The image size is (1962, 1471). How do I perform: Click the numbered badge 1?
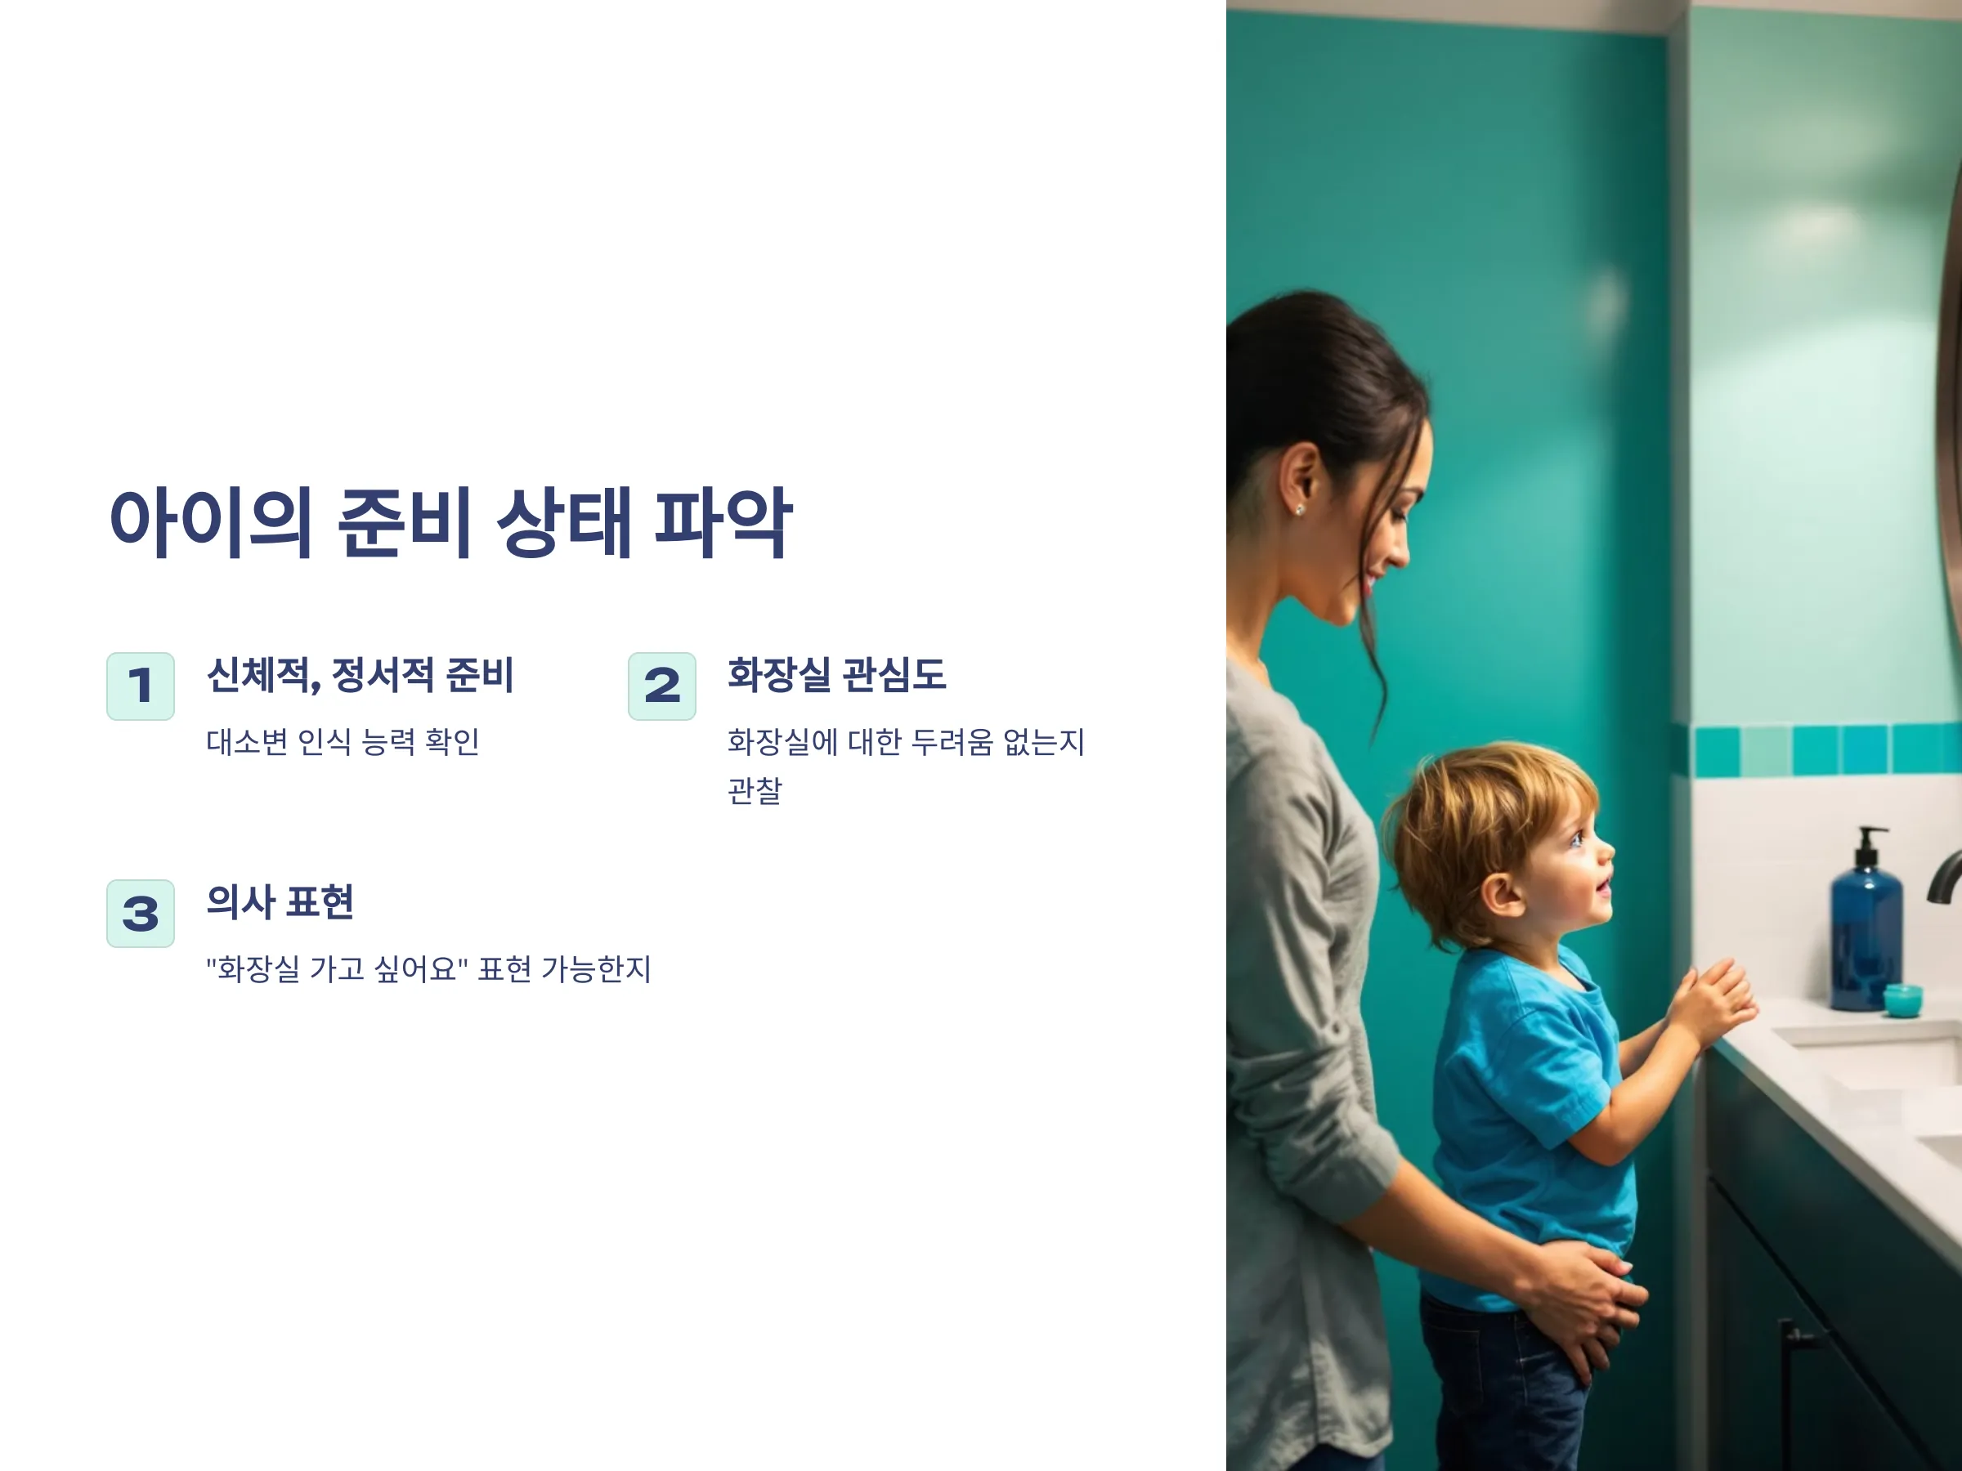[x=140, y=686]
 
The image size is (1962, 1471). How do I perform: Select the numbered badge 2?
[x=661, y=686]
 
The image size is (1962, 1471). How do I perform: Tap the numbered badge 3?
[x=140, y=914]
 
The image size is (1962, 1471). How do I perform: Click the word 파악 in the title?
[x=722, y=522]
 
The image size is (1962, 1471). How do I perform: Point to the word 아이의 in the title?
[x=210, y=522]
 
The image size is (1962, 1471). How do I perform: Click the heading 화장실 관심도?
[x=836, y=675]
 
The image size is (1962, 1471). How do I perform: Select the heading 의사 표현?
[x=280, y=901]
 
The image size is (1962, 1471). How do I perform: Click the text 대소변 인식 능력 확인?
[x=343, y=741]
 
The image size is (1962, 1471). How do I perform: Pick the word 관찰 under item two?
[x=755, y=789]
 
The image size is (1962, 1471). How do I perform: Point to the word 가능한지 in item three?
[x=596, y=968]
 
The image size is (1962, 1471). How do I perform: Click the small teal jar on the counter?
[x=1902, y=1000]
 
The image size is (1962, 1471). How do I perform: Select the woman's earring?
[x=1300, y=510]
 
